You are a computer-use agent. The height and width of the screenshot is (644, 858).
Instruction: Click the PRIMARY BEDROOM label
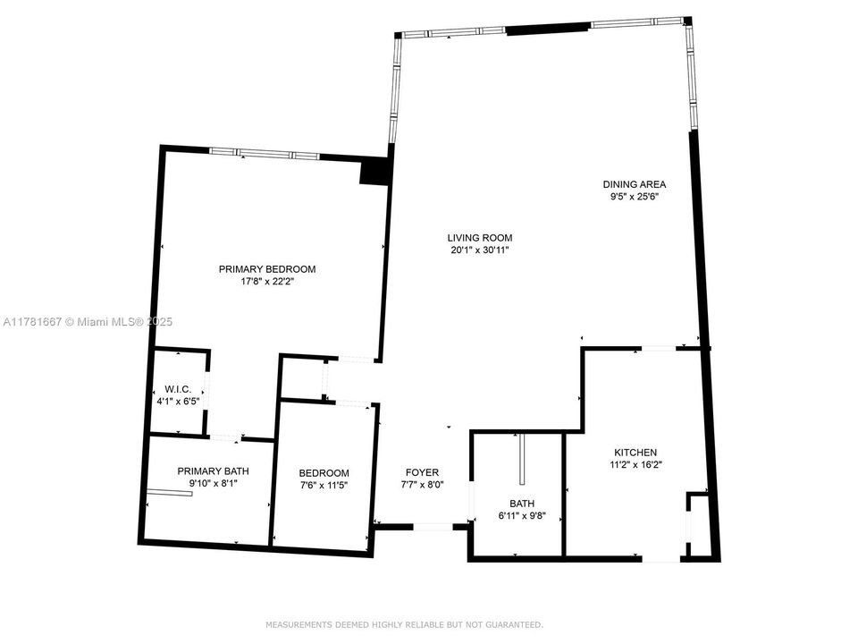[x=267, y=268]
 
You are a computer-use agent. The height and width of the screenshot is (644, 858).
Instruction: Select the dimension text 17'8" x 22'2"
[x=267, y=282]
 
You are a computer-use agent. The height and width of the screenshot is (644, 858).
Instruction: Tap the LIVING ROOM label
[x=480, y=238]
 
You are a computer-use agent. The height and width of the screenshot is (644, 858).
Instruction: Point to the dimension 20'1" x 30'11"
[x=480, y=251]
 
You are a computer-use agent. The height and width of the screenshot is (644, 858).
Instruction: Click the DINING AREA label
[x=634, y=184]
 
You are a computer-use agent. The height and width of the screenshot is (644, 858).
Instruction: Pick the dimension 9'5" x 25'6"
[x=634, y=197]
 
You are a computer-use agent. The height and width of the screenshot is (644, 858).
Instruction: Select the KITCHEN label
[x=635, y=453]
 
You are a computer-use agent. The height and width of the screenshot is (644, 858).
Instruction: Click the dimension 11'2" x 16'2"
[x=635, y=465]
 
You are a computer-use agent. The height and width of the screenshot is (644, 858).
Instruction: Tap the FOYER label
[x=422, y=472]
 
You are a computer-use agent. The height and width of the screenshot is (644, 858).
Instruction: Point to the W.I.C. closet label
[x=178, y=389]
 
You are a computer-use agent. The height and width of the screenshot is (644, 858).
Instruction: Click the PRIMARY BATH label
[x=213, y=471]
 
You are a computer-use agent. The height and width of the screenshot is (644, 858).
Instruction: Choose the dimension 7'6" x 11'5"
[x=324, y=485]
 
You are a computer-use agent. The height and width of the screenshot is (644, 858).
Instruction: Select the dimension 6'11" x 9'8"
[x=521, y=516]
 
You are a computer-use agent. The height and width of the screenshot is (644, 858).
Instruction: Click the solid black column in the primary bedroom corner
[x=374, y=171]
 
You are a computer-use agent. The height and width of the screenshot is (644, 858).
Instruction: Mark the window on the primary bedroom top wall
[x=264, y=154]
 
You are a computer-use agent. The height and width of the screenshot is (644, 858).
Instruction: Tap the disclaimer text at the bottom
[x=404, y=624]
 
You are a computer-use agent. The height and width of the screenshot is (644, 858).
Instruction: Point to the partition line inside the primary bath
[x=170, y=492]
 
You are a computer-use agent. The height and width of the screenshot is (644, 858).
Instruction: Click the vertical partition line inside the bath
[x=519, y=459]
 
